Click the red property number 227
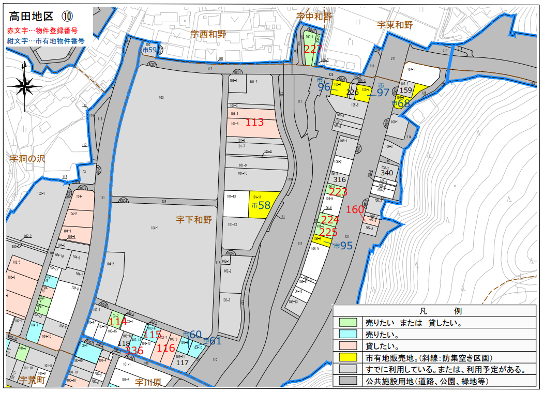313,50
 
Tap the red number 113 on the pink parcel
254,123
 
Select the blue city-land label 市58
261,205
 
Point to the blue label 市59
149,50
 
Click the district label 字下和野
194,220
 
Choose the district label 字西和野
208,34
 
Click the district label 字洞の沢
27,159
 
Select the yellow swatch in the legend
349,357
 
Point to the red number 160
355,209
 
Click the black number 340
387,173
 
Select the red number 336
134,351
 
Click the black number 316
339,179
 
